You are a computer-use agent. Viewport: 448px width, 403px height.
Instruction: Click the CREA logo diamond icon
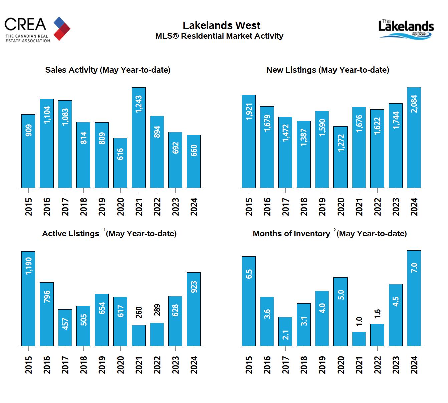click(x=62, y=28)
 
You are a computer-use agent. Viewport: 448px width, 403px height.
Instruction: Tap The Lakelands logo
click(x=406, y=29)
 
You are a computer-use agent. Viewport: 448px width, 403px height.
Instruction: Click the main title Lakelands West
click(x=221, y=25)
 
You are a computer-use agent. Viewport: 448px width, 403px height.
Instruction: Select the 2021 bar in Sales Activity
click(x=138, y=137)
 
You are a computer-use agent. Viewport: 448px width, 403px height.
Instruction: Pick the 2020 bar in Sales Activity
click(x=120, y=163)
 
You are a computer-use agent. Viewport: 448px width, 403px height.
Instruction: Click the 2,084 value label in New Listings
click(x=414, y=104)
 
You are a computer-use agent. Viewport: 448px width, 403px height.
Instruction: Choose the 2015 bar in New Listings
click(x=249, y=141)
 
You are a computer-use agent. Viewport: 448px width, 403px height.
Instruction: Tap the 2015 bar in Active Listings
click(x=28, y=298)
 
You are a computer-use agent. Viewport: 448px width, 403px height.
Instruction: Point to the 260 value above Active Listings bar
click(x=139, y=313)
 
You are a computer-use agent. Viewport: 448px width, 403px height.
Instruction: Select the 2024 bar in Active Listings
click(x=194, y=309)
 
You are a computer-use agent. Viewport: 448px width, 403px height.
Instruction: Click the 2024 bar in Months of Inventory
click(x=414, y=298)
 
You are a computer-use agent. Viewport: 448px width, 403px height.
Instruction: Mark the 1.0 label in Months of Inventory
click(x=359, y=321)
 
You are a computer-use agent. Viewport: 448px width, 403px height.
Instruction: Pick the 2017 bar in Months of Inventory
click(x=285, y=331)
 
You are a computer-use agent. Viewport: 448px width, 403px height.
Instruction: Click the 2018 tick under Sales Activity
click(x=83, y=207)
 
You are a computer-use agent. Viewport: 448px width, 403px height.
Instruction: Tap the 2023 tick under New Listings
click(x=396, y=207)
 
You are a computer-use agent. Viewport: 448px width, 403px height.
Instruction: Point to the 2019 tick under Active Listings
click(x=102, y=365)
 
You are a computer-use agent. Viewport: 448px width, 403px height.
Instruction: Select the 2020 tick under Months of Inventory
click(x=341, y=365)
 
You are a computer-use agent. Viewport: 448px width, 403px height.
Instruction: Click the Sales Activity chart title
click(x=108, y=70)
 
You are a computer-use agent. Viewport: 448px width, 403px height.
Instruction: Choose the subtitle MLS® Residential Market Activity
click(x=219, y=36)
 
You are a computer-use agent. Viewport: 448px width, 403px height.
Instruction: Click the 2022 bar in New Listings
click(x=377, y=148)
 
